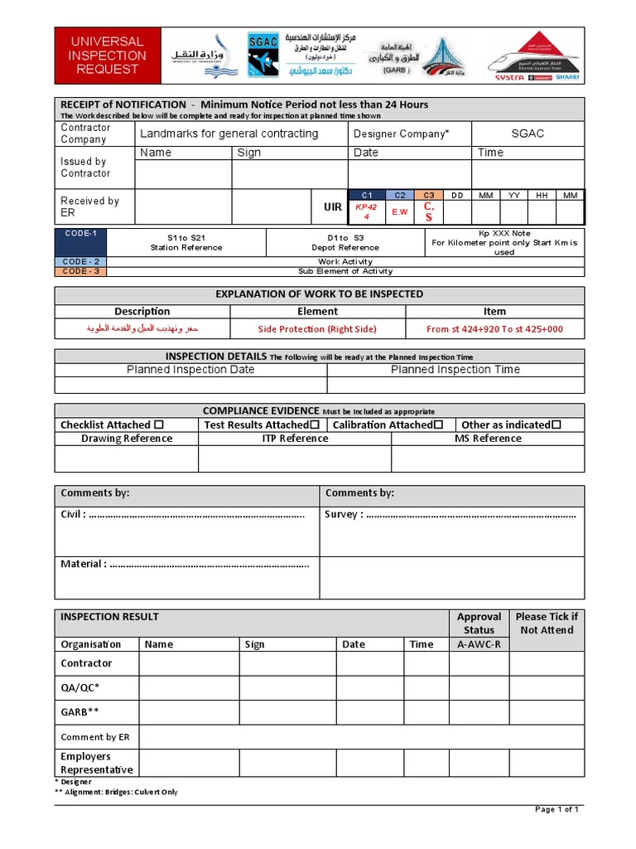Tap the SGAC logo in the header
pos(263,55)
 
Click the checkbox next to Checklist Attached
pos(159,424)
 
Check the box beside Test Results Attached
pos(315,424)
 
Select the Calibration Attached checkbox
pos(438,424)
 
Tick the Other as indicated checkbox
pos(556,424)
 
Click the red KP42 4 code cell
pos(366,211)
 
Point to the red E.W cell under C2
pos(400,211)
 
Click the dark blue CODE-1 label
pos(81,234)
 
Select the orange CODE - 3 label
pos(81,271)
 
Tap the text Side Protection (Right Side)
pos(317,329)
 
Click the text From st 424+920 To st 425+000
pos(494,329)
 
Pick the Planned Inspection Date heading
pos(190,370)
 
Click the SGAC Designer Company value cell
pos(528,133)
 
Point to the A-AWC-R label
pos(479,644)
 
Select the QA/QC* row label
pos(80,687)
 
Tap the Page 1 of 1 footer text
pos(557,809)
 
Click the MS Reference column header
pos(488,439)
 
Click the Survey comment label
pos(344,514)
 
